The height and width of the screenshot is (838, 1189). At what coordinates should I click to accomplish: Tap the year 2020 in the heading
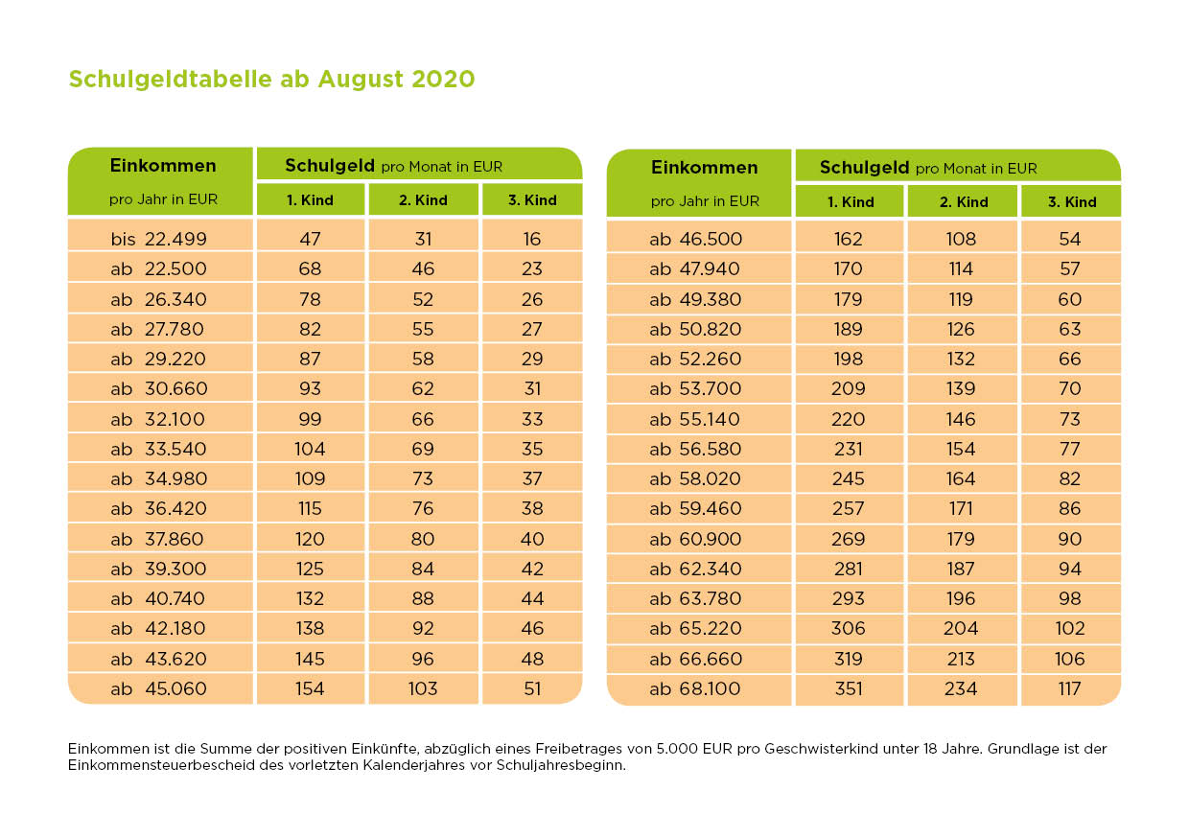(443, 79)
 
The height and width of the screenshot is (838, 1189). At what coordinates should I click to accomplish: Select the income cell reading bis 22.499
(159, 239)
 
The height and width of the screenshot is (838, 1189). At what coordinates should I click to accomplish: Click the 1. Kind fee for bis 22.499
(310, 239)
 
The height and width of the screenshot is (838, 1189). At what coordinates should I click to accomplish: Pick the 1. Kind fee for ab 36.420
(310, 508)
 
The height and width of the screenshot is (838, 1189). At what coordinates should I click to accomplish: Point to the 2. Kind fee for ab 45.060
(423, 688)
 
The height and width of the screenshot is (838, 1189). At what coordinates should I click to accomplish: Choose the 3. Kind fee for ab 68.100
(1070, 688)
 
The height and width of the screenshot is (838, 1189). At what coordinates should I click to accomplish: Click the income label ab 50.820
(695, 329)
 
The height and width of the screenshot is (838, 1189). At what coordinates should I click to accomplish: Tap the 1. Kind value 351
(849, 688)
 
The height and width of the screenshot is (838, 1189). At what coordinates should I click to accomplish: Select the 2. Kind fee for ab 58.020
(961, 478)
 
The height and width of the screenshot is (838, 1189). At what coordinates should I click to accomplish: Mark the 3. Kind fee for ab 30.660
(532, 388)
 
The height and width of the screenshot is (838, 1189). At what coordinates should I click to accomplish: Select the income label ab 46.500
(695, 239)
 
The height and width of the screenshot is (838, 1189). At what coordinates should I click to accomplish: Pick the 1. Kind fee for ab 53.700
(849, 388)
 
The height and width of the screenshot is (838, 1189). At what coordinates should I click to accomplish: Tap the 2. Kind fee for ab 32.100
(423, 419)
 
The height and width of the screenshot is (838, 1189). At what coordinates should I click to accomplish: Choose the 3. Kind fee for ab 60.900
(1070, 539)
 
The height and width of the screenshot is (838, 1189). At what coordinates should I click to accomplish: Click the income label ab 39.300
(159, 569)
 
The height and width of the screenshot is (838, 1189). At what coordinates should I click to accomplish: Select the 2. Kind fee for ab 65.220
(961, 628)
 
